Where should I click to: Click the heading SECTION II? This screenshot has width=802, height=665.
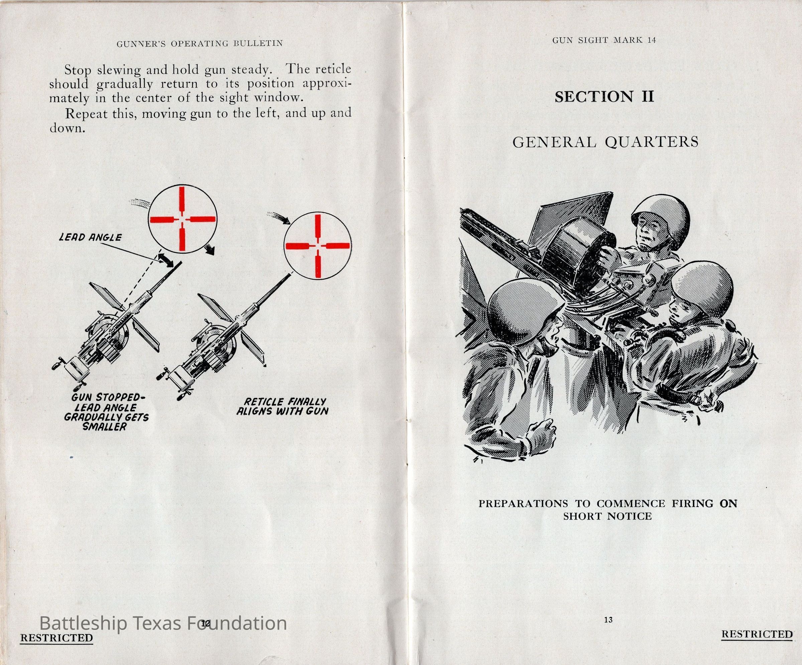(604, 97)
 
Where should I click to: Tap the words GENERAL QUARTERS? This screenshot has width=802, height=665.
(605, 142)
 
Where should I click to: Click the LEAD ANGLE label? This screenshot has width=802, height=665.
(90, 237)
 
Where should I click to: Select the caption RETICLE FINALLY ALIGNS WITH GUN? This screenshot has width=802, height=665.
(282, 407)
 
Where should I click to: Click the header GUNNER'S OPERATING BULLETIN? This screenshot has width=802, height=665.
(200, 43)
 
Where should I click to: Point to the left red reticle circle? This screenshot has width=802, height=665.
(183, 219)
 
